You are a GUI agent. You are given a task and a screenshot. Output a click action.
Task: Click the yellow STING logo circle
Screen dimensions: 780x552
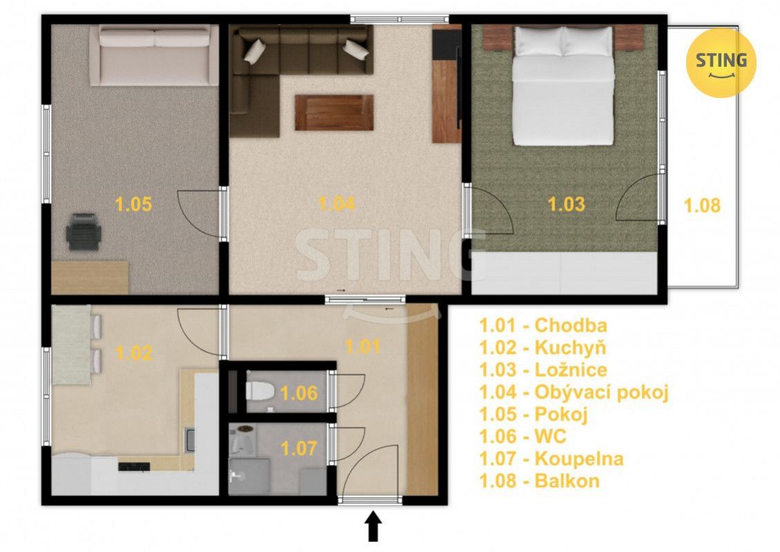(x=721, y=63)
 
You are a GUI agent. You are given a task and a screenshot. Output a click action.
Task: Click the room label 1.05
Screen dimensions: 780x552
(x=133, y=204)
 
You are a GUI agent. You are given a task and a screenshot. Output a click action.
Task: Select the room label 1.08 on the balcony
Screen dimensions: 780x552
(x=702, y=205)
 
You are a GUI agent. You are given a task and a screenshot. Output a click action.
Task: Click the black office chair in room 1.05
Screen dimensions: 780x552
(x=84, y=231)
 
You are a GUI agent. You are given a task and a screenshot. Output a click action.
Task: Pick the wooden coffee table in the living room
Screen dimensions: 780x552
(x=334, y=113)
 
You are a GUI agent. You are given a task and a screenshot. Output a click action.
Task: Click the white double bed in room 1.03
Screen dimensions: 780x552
(x=563, y=86)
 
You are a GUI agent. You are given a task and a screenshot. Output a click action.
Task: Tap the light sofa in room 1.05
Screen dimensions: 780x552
(x=154, y=56)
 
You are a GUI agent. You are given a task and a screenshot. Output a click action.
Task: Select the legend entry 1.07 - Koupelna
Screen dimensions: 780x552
(x=551, y=459)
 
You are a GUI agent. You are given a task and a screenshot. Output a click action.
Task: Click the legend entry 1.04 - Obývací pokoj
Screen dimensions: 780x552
(x=574, y=392)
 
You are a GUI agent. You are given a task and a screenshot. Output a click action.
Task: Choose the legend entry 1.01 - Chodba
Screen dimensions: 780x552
(x=543, y=325)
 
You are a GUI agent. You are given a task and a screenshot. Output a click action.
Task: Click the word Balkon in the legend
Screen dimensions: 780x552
(x=567, y=481)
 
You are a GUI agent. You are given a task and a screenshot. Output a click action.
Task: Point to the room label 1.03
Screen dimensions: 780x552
(x=566, y=204)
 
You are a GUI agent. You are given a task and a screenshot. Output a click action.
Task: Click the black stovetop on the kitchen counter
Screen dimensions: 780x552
(x=134, y=466)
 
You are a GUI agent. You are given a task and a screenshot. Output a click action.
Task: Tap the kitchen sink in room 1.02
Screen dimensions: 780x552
(x=190, y=439)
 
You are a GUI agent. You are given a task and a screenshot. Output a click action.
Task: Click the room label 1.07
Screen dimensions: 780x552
(x=298, y=449)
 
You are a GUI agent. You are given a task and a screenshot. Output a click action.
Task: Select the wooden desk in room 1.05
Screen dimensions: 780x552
(x=90, y=277)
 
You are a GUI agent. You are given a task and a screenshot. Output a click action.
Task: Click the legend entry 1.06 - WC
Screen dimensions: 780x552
(x=523, y=437)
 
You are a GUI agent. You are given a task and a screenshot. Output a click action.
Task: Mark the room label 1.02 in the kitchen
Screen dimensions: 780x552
(x=133, y=354)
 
